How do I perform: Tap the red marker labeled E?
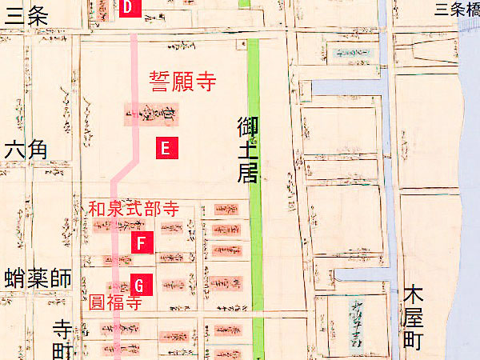tap(164, 147)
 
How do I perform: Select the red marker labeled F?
tap(141, 243)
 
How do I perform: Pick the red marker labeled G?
tap(138, 283)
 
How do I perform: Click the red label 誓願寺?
tap(183, 81)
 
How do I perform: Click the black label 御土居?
tap(247, 151)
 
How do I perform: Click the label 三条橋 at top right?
tap(457, 9)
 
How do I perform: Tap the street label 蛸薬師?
tap(37, 279)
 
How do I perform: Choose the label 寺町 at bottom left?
tap(62, 339)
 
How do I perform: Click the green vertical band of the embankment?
tap(255, 240)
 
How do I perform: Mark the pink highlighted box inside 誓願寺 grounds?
tap(145, 114)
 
